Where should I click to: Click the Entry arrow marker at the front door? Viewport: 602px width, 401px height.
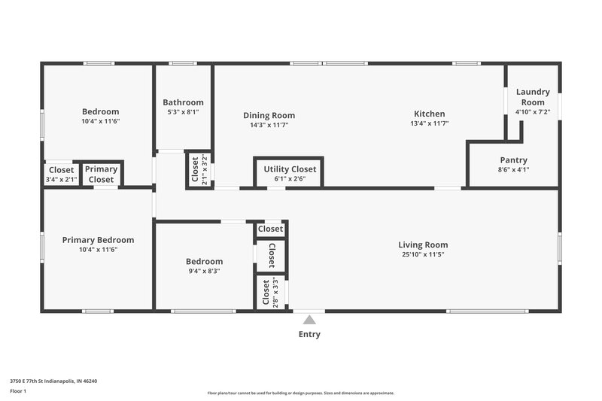(x=309, y=320)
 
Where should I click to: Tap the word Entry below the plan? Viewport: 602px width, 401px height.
(x=309, y=335)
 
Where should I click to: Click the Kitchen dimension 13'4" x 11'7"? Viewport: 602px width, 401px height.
(x=429, y=123)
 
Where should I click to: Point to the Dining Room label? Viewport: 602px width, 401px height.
(x=269, y=115)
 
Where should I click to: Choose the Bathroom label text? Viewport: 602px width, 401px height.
(x=183, y=102)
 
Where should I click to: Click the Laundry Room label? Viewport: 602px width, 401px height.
(x=533, y=97)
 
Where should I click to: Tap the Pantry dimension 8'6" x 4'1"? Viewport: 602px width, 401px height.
(x=513, y=170)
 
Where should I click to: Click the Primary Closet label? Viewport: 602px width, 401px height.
(x=102, y=175)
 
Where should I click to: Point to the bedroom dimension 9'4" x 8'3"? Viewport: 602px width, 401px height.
(x=204, y=271)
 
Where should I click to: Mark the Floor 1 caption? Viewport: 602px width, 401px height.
(x=18, y=392)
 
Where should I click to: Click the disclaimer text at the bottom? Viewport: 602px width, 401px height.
(x=300, y=393)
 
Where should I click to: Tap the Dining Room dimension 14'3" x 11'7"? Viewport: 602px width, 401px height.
(x=269, y=124)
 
